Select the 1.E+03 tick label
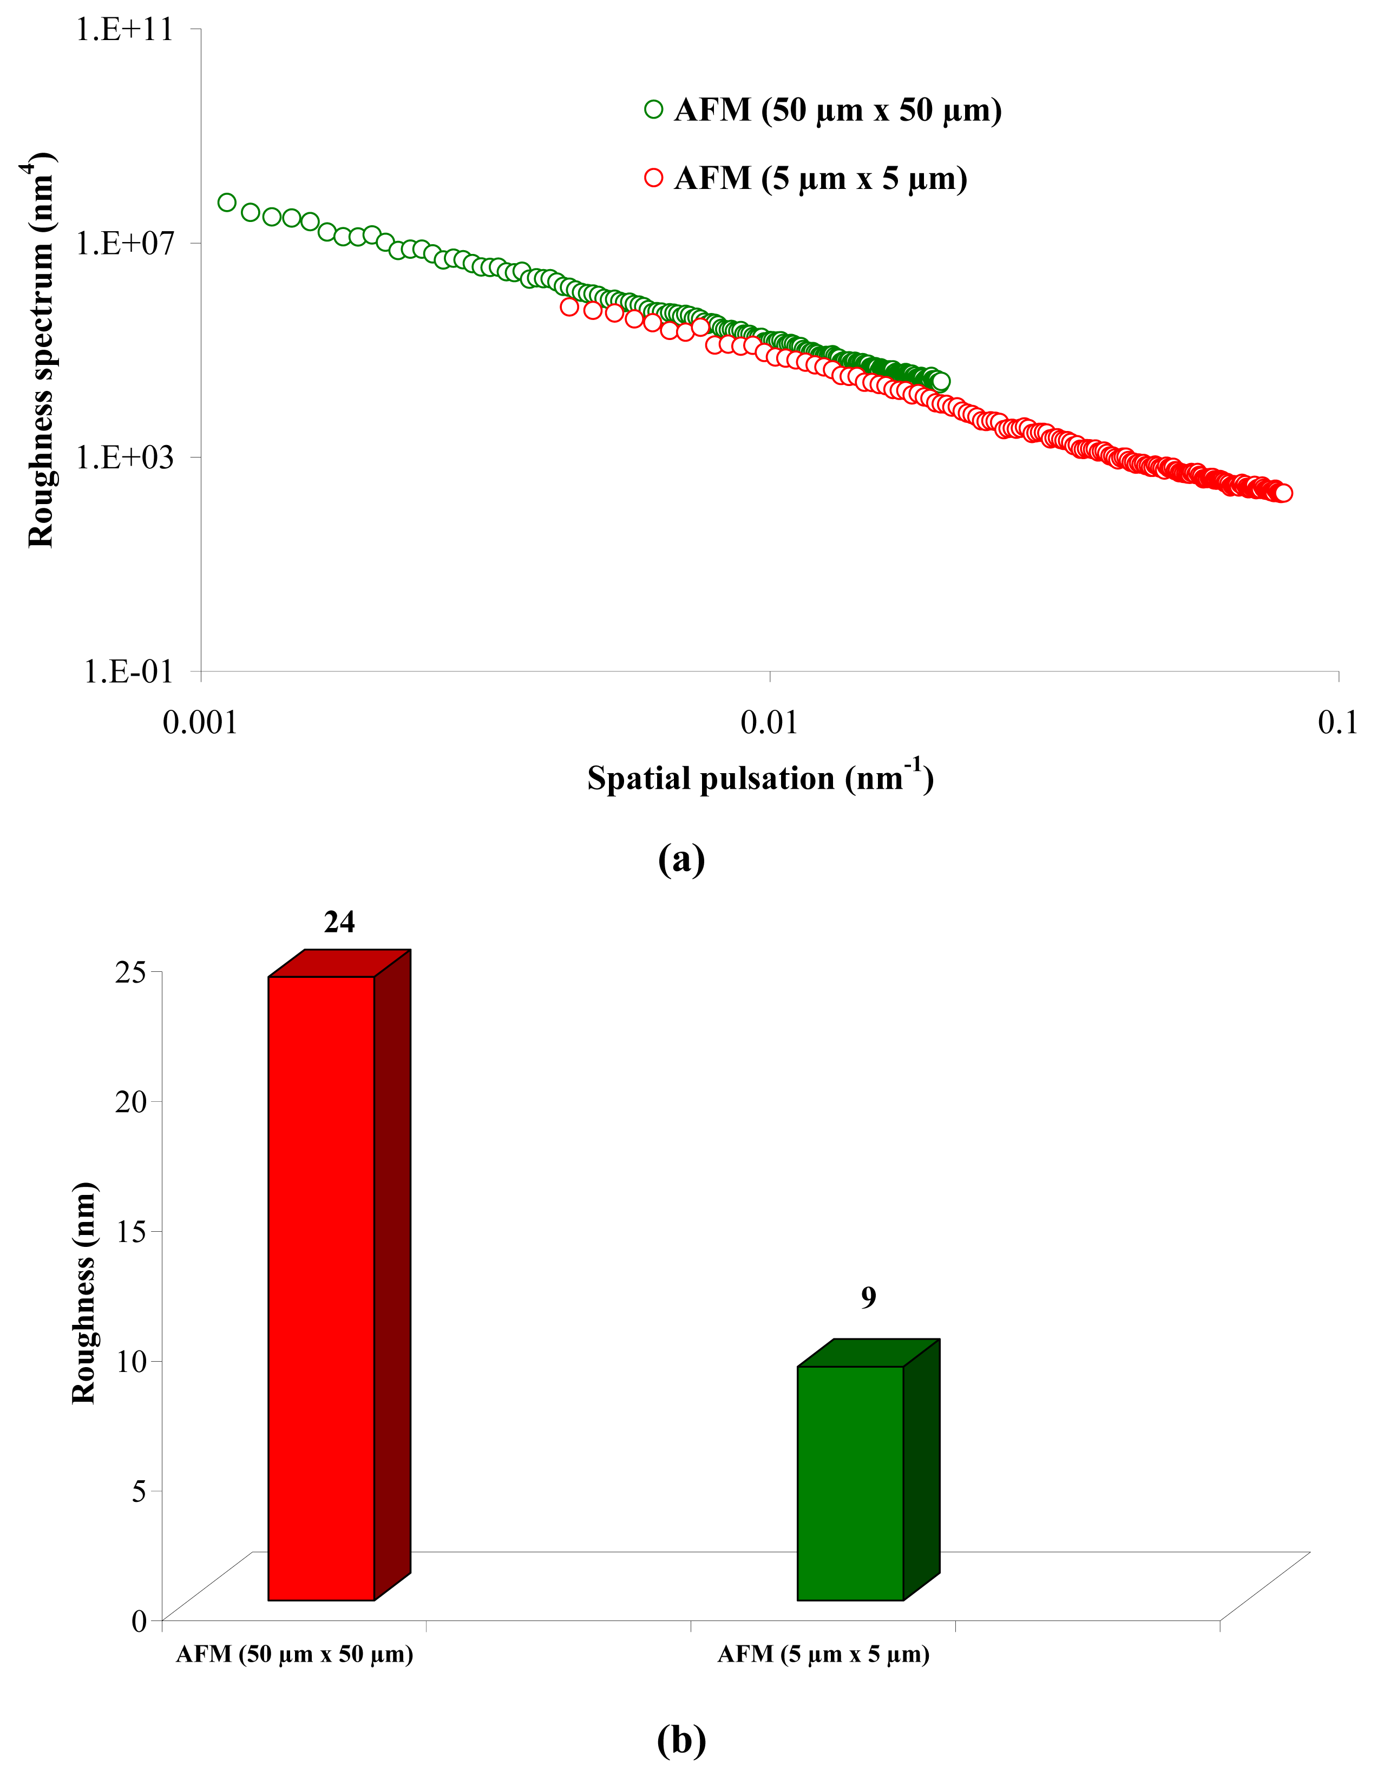[125, 456]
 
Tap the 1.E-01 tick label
[129, 671]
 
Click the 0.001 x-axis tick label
[200, 722]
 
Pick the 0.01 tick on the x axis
[769, 722]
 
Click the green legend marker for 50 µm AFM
[653, 109]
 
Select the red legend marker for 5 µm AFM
[653, 178]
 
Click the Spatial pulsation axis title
[759, 777]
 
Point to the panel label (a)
[681, 859]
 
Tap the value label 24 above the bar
[339, 922]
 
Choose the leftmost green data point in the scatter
[227, 202]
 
